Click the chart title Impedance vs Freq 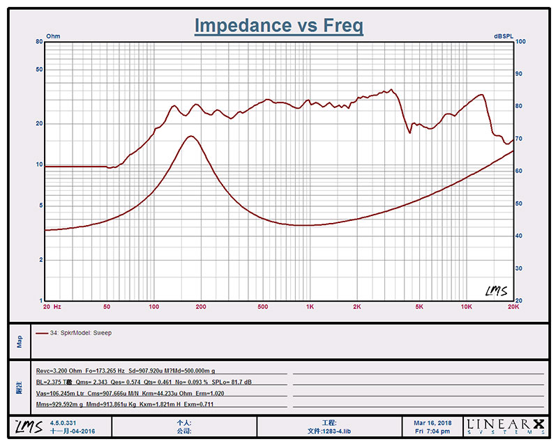278,26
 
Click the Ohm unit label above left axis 53,36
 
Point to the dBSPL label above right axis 504,36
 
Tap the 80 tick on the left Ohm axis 39,43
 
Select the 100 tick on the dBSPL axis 520,43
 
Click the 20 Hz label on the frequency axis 52,307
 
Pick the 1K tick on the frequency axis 310,307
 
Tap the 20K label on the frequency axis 513,307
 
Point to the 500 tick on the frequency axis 263,307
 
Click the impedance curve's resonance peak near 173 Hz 190,136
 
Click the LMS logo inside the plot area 495,291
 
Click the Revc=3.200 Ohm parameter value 59,371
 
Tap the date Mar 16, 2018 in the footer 432,422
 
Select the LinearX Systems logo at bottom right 506,426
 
